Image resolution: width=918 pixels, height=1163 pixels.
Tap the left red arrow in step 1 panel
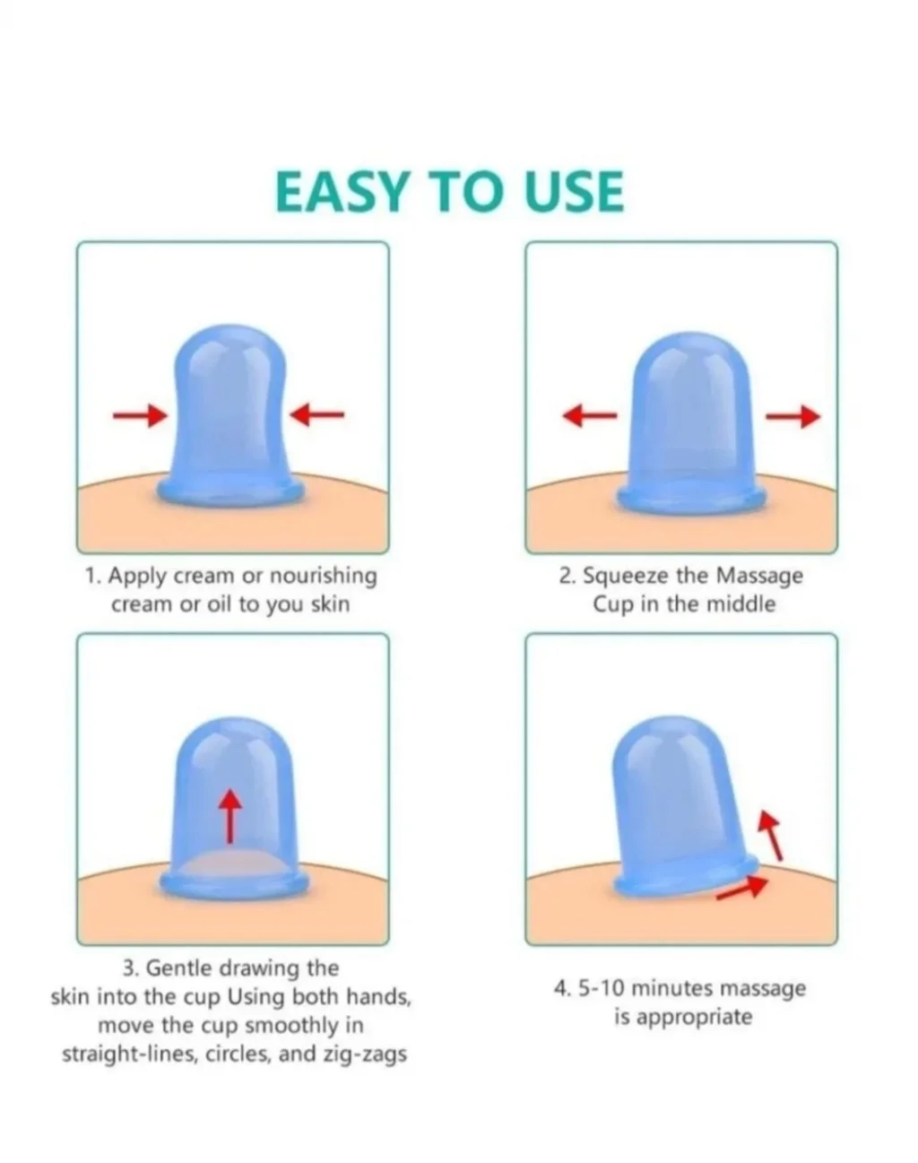click(x=140, y=415)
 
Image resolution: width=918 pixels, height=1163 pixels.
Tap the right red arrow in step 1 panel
click(x=317, y=415)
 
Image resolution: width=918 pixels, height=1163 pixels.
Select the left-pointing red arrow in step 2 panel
click(x=590, y=416)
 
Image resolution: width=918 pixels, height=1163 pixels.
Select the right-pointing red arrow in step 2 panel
click(x=793, y=417)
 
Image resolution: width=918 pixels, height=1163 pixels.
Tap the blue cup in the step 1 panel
click(x=230, y=416)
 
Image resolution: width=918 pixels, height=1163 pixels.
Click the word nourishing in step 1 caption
click(x=323, y=576)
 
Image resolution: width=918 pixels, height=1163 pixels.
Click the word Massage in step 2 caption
click(x=759, y=576)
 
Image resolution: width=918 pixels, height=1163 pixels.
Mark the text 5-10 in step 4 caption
click(x=601, y=988)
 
